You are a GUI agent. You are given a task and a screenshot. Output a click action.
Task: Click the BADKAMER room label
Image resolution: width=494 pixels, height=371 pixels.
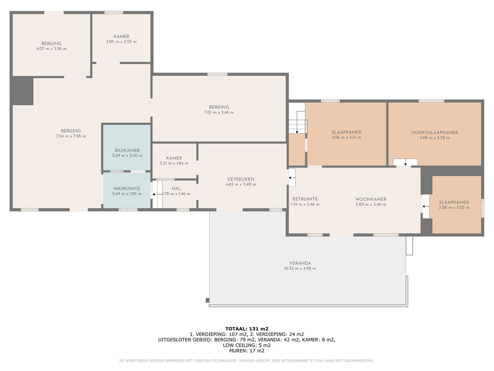click(127, 150)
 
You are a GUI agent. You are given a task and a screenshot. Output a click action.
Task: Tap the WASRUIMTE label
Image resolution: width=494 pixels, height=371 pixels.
click(127, 188)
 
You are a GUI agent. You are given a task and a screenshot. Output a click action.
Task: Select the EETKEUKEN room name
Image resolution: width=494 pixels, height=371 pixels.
click(241, 179)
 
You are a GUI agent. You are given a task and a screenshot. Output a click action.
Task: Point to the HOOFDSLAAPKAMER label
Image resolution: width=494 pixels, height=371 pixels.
click(435, 132)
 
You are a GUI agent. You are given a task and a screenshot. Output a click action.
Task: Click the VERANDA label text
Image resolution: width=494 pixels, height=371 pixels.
click(300, 263)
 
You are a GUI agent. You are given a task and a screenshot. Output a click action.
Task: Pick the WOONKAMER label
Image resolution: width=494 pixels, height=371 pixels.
click(370, 199)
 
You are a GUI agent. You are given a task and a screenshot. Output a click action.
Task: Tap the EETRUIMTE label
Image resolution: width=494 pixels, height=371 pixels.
click(305, 199)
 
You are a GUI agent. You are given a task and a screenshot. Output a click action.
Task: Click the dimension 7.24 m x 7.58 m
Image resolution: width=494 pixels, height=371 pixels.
click(71, 136)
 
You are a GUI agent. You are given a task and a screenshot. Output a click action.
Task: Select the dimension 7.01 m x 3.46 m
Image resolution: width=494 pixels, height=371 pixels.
click(219, 113)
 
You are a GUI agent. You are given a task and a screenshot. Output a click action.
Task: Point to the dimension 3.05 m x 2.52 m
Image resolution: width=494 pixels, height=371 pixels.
click(121, 42)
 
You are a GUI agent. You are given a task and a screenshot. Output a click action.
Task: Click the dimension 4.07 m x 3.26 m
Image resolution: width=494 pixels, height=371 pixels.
click(51, 49)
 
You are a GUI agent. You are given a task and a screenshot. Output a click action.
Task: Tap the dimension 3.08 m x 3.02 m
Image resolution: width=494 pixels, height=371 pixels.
click(454, 207)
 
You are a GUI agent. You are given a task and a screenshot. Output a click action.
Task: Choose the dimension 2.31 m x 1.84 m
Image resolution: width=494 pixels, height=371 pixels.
click(174, 163)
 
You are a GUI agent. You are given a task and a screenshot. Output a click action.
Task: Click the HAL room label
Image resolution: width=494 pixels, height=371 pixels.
click(176, 188)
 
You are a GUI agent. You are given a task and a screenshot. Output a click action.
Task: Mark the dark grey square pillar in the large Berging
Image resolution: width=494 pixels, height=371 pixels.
click(23, 91)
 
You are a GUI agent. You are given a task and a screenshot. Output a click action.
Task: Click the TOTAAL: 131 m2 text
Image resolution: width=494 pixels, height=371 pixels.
click(247, 329)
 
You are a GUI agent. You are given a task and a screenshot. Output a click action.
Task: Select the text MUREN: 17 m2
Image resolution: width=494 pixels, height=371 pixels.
click(247, 351)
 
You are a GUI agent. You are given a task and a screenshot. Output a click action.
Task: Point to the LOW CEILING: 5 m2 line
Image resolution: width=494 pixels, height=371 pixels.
click(247, 345)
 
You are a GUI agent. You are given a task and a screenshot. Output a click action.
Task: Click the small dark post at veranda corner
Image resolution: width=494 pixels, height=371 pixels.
click(207, 300)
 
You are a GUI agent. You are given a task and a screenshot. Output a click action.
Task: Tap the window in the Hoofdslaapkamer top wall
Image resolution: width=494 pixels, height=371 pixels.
click(431, 101)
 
